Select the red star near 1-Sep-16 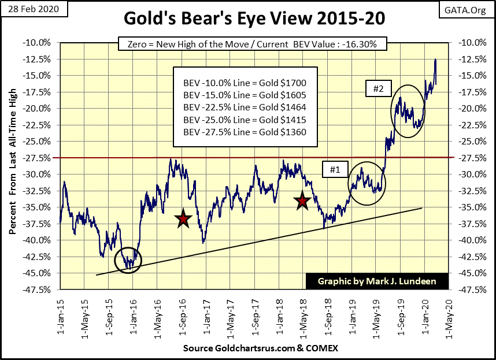[x=183, y=218]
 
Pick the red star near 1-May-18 [x=302, y=201]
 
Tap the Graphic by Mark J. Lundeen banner [x=376, y=281]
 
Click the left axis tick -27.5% [x=40, y=158]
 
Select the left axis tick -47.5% [x=40, y=290]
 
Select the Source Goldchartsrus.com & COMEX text [x=260, y=348]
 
